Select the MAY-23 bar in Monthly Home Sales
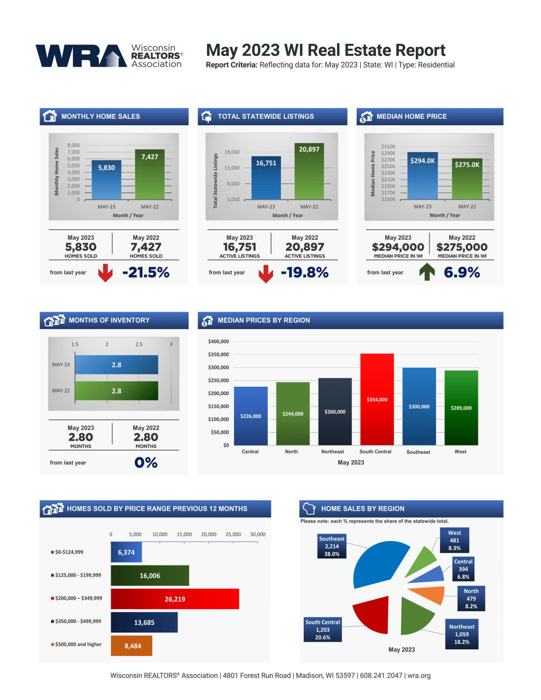click(106, 180)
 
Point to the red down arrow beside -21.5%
click(105, 273)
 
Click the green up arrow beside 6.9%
click(427, 272)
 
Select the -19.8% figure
click(305, 273)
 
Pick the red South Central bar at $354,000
click(377, 399)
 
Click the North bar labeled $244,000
click(293, 413)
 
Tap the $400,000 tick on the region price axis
click(219, 342)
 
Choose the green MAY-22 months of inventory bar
click(117, 391)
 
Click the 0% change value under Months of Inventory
click(146, 463)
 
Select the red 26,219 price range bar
click(175, 599)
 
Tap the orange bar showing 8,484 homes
click(132, 646)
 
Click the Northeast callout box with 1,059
click(462, 634)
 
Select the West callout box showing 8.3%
click(454, 540)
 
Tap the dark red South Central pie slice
click(372, 615)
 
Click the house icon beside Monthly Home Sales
click(50, 116)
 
